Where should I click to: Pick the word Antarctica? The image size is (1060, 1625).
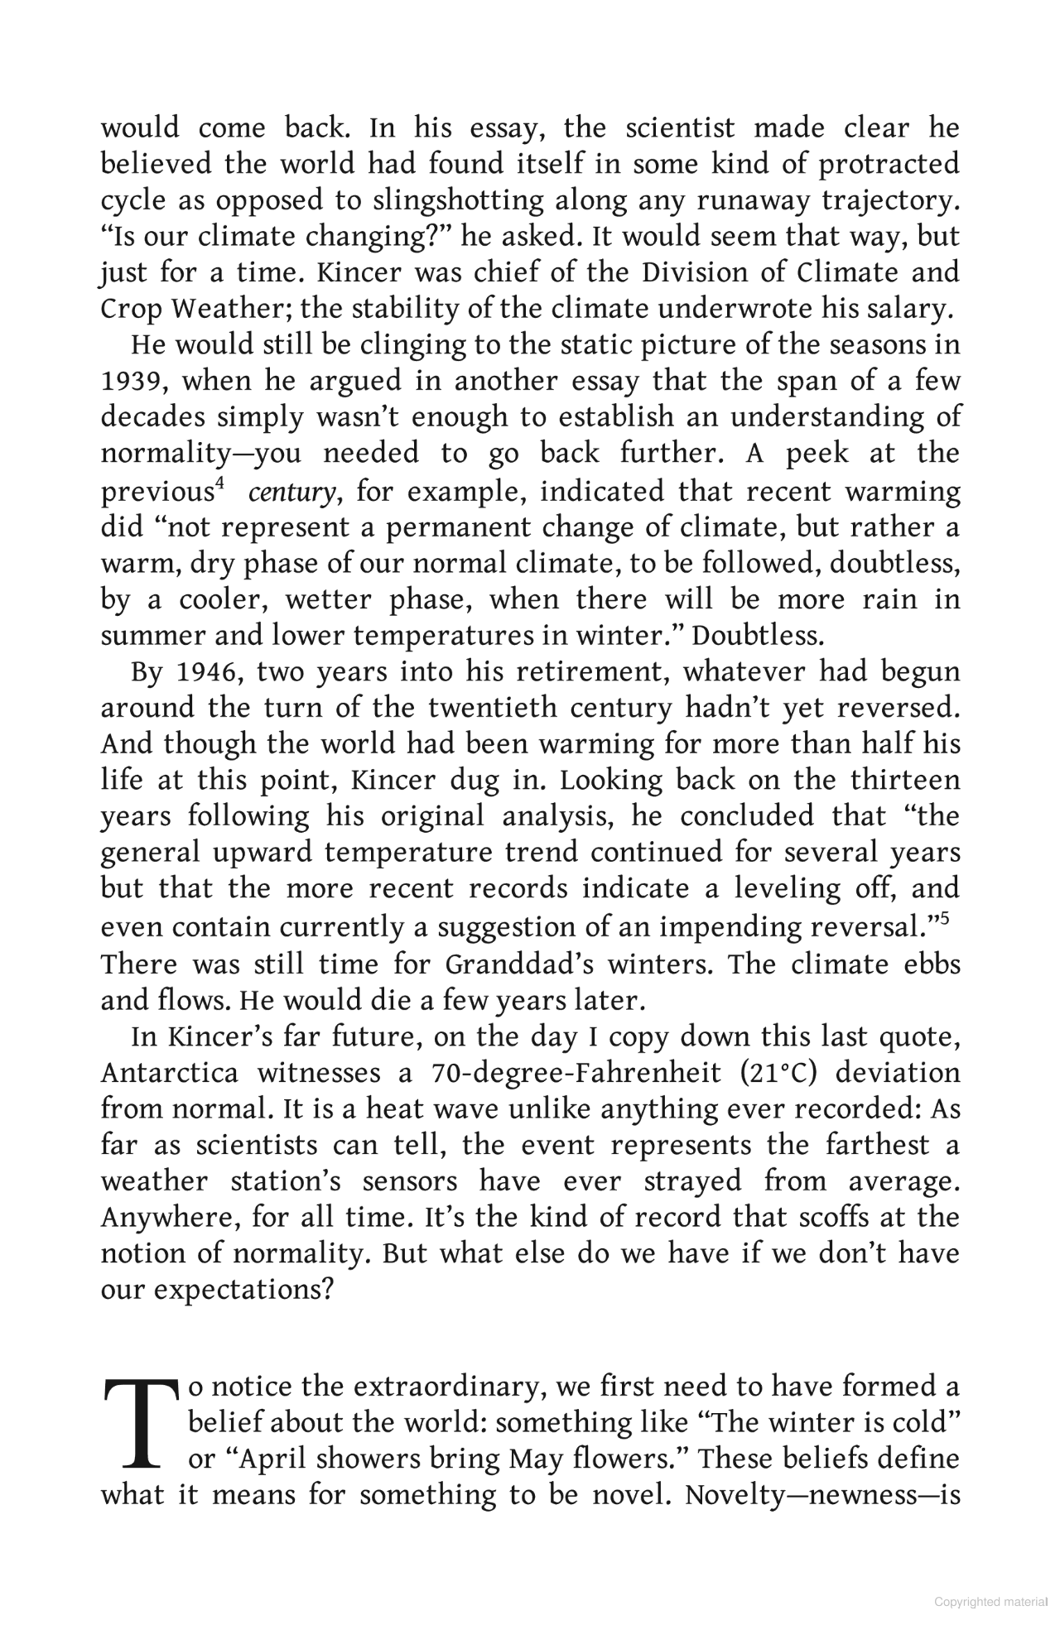pos(169,1073)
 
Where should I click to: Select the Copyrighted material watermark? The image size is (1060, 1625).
pos(990,1602)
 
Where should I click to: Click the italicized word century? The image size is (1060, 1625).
pos(291,493)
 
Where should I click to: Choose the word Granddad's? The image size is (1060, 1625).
pos(506,964)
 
